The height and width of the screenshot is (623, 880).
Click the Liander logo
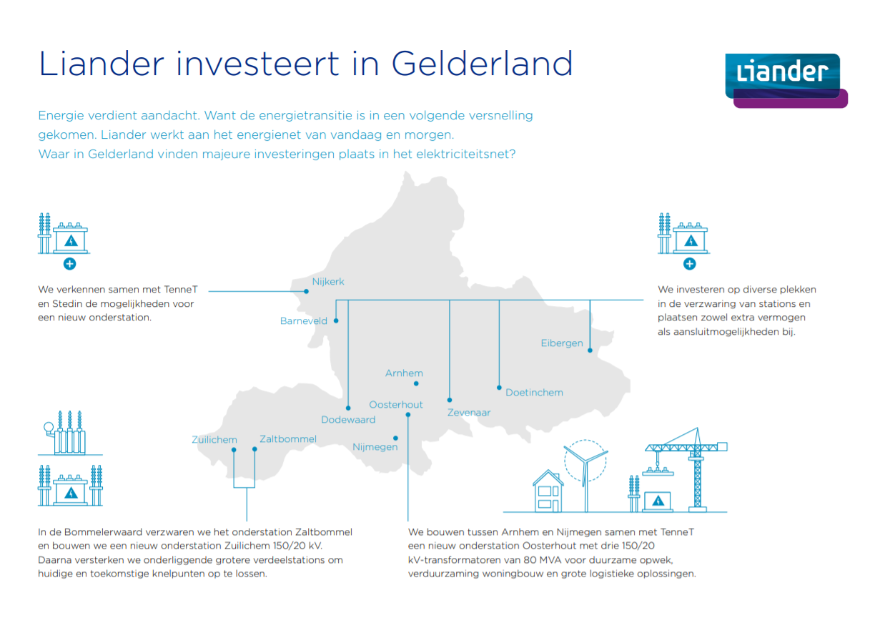(x=786, y=81)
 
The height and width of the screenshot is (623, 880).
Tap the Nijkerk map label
(x=328, y=281)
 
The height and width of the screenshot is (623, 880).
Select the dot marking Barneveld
(x=336, y=320)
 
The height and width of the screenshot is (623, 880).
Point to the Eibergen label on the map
(x=562, y=343)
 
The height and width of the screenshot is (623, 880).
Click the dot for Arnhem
(x=416, y=383)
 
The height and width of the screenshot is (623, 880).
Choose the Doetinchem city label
(x=534, y=392)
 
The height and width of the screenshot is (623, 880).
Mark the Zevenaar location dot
(x=450, y=400)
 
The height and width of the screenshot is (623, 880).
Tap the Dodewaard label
(x=348, y=420)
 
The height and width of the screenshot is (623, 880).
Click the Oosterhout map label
(x=396, y=404)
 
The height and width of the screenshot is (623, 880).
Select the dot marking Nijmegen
(x=395, y=438)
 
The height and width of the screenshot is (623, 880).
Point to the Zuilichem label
(x=214, y=439)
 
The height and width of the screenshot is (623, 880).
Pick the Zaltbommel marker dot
(x=254, y=449)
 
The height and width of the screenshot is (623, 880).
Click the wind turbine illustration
(x=585, y=475)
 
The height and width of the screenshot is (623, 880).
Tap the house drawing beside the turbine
(x=548, y=491)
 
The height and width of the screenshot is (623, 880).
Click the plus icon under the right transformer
(x=689, y=264)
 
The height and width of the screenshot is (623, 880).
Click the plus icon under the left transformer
(x=69, y=264)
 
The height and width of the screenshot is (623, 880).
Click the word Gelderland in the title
(x=482, y=63)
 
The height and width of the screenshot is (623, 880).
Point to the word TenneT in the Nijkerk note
(x=181, y=289)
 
